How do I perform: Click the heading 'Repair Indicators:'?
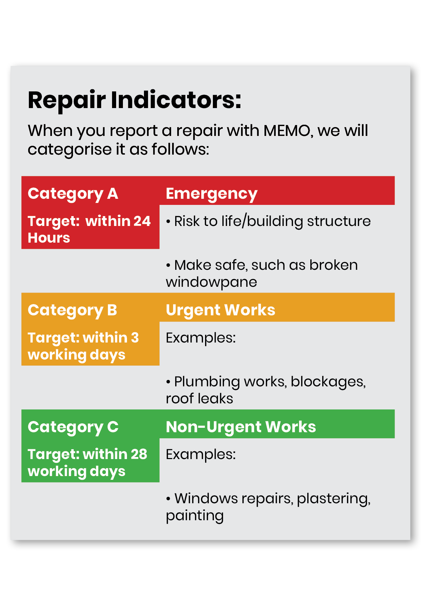pyautogui.click(x=134, y=100)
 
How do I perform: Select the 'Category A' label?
pyautogui.click(x=73, y=194)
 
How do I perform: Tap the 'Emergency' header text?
pyautogui.click(x=212, y=194)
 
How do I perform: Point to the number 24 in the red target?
pyautogui.click(x=142, y=221)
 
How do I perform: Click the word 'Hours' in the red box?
pyautogui.click(x=49, y=238)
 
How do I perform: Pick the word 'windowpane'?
pyautogui.click(x=211, y=282)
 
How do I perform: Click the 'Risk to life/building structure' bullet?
pyautogui.click(x=268, y=221)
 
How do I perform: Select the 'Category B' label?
pyautogui.click(x=72, y=310)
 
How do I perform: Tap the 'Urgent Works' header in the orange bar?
pyautogui.click(x=220, y=310)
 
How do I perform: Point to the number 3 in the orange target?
pyautogui.click(x=135, y=338)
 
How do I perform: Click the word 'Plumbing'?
pyautogui.click(x=207, y=382)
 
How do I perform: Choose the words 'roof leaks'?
pyautogui.click(x=199, y=399)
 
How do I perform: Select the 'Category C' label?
pyautogui.click(x=73, y=427)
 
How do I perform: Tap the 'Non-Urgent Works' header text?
pyautogui.click(x=241, y=427)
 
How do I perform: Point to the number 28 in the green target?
pyautogui.click(x=139, y=454)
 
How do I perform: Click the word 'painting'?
pyautogui.click(x=195, y=516)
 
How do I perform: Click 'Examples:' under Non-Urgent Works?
pyautogui.click(x=201, y=454)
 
